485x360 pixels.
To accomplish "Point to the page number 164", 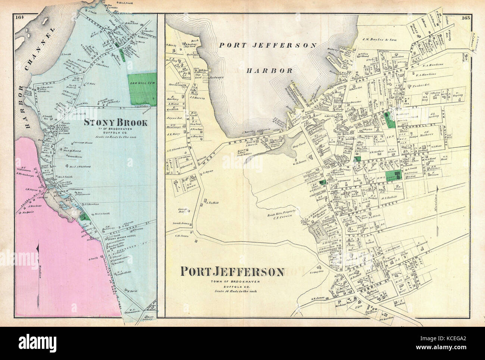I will point(19,16).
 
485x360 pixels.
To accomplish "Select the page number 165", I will point(465,17).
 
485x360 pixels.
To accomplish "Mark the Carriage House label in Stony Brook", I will point(86,143).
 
